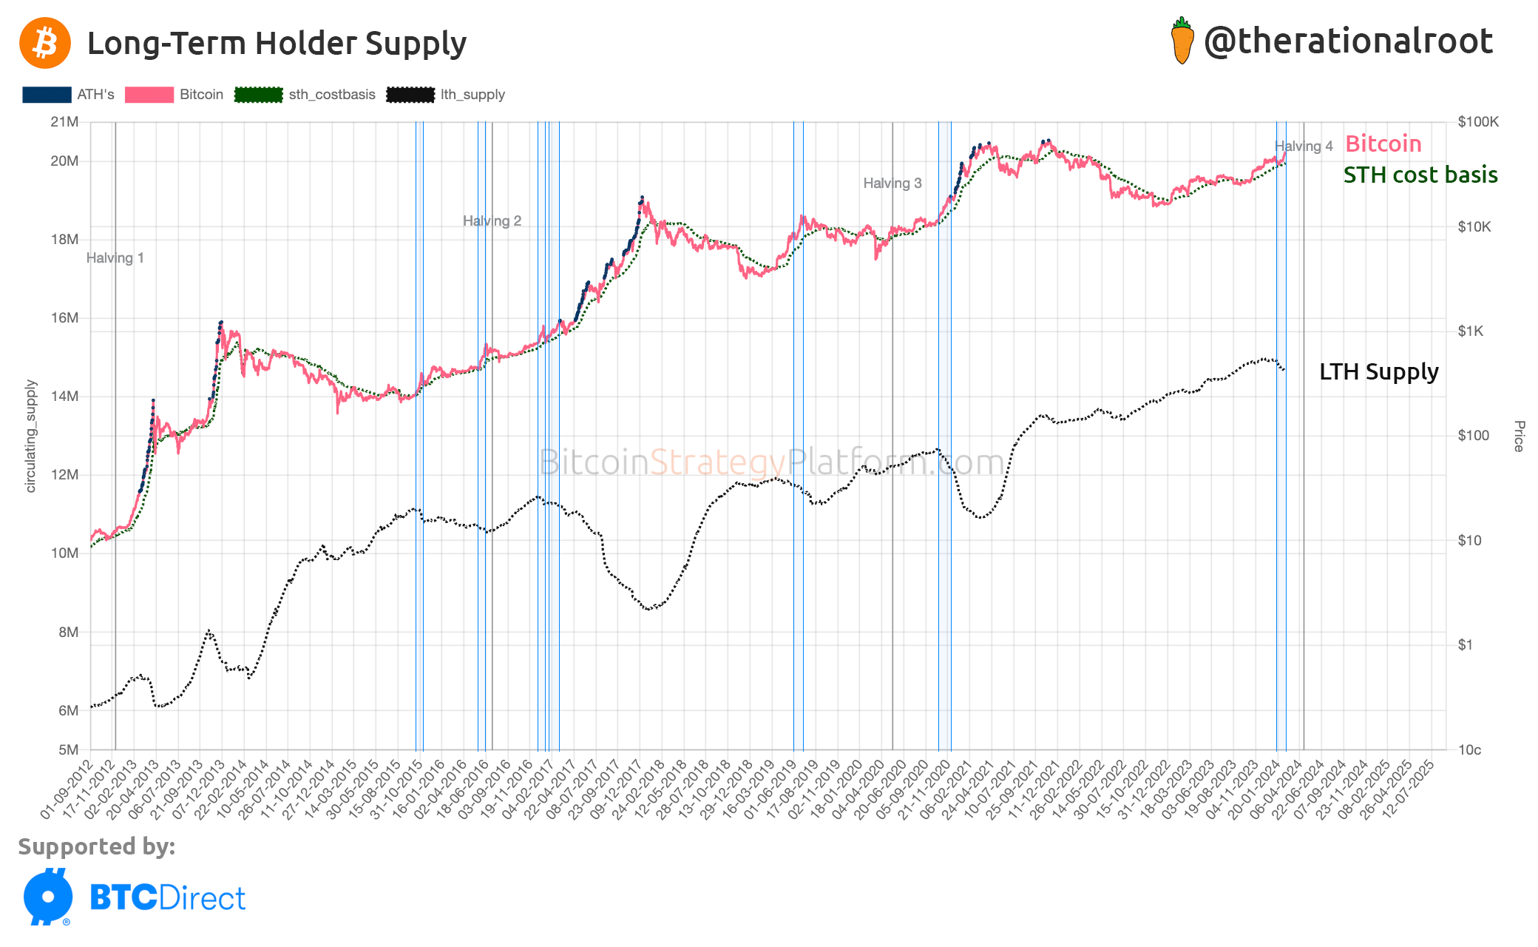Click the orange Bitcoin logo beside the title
pos(45,44)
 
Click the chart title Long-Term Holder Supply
pos(277,44)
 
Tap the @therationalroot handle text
pos(1348,41)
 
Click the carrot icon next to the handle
pos(1182,41)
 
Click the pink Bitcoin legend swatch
pos(149,95)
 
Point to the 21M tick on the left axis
pos(64,122)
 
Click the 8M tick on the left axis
pos(68,632)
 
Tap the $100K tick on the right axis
pos(1478,122)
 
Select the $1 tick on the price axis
pos(1465,645)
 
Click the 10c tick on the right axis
pos(1469,749)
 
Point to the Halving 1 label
pos(115,258)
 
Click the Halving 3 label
pos(892,183)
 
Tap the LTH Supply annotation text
pos(1379,371)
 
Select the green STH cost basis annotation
pos(1420,175)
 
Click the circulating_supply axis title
pos(31,437)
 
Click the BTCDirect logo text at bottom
pos(167,898)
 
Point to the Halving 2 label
pos(492,221)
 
